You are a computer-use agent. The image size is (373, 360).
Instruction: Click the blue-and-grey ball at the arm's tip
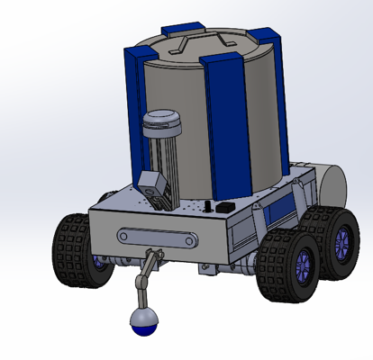[142, 321]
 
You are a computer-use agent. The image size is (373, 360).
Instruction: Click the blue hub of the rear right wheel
[342, 241]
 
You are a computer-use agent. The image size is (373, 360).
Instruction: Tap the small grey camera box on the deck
[154, 190]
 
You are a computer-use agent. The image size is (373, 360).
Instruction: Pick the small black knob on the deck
[211, 209]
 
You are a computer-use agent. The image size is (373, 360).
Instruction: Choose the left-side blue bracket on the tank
[133, 108]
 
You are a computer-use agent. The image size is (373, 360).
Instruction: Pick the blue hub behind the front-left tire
[98, 262]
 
